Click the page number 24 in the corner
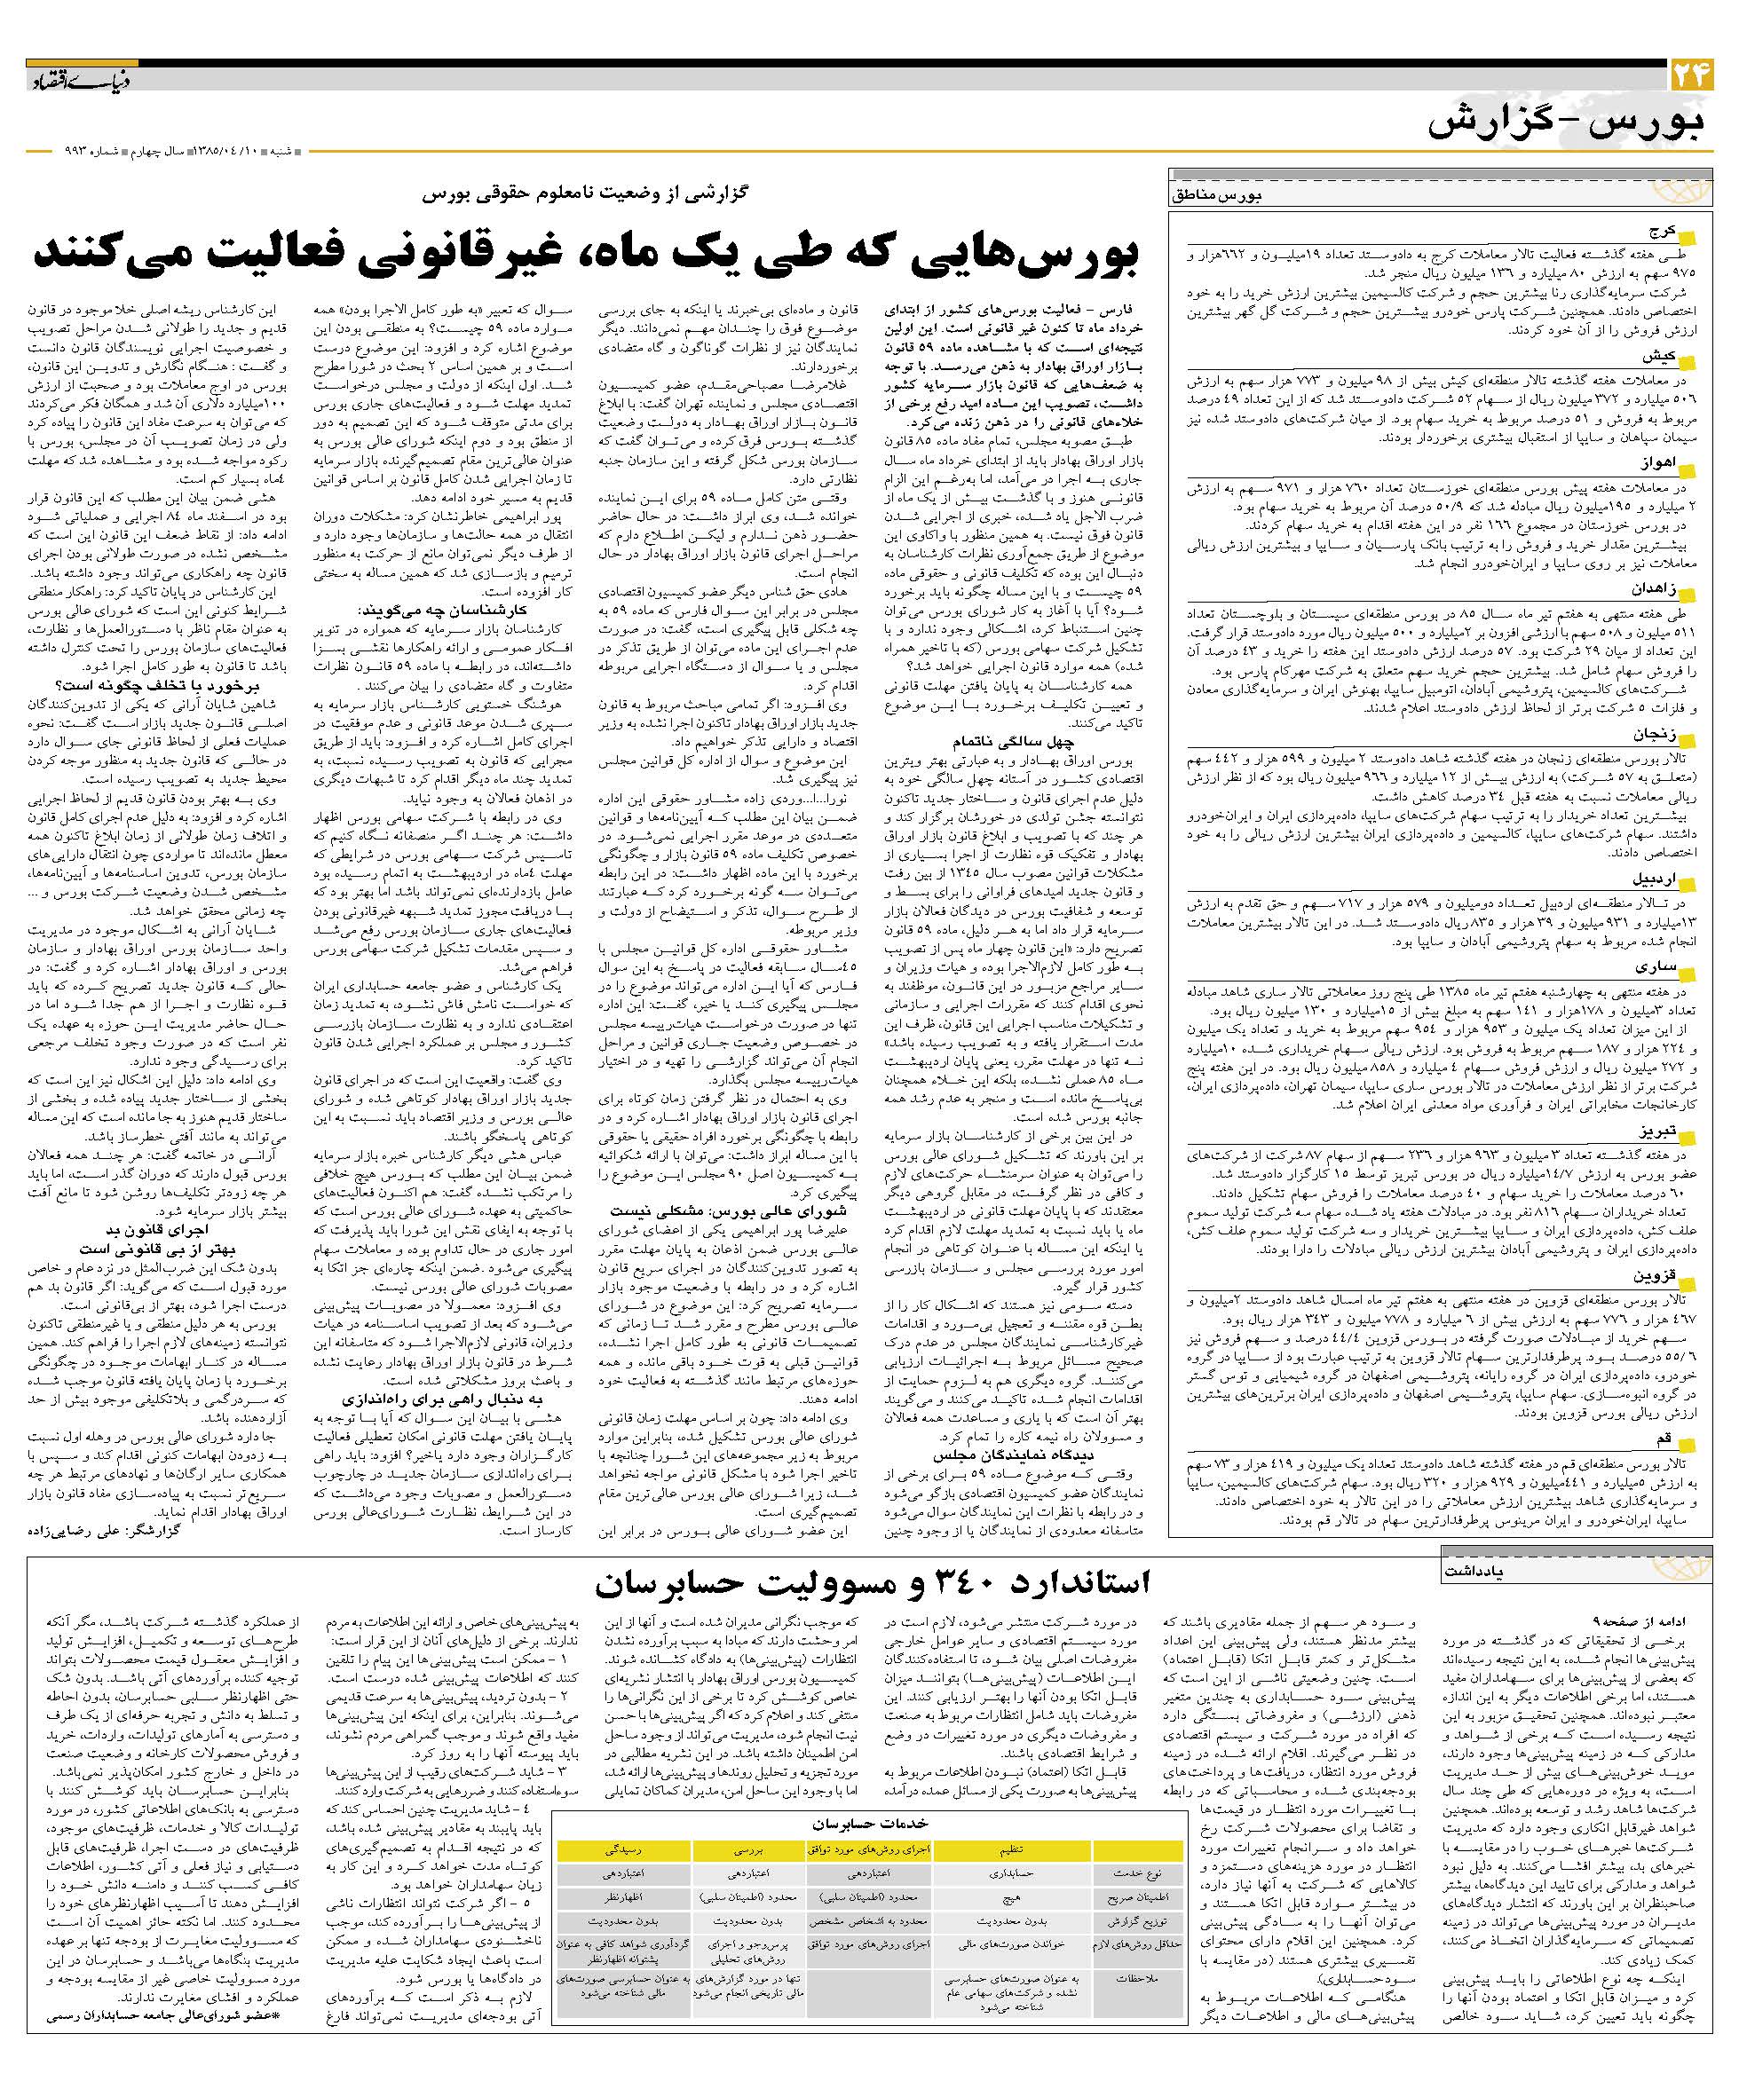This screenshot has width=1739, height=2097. [1690, 76]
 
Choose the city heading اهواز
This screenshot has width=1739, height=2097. [1658, 464]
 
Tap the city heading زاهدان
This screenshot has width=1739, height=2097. [1653, 589]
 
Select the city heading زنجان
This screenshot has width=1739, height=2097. [1655, 735]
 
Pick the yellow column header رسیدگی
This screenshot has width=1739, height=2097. [621, 1849]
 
